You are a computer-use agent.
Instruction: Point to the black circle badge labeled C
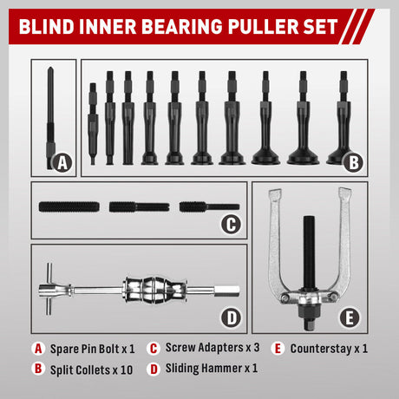pos(229,224)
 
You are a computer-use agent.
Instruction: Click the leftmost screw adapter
pos(69,207)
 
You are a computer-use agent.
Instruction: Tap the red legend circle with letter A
pos(37,349)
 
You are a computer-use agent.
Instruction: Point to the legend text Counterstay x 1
pos(329,349)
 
